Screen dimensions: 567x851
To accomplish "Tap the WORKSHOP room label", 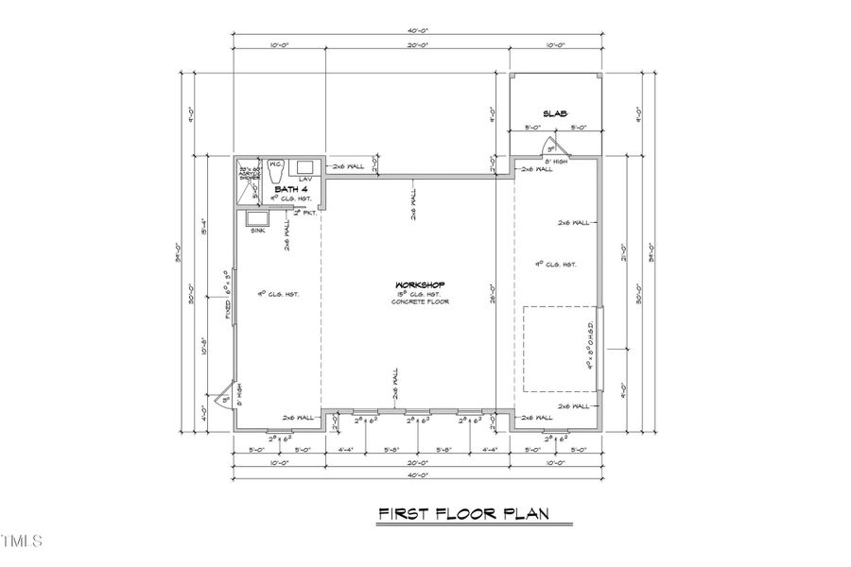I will coord(420,284).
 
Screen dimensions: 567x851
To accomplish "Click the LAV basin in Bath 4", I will coord(306,168).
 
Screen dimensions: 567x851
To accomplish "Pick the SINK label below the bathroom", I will coord(258,231).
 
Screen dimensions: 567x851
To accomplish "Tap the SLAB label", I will coord(556,113).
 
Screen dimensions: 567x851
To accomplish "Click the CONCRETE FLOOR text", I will coord(420,301).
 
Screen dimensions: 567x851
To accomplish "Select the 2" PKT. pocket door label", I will coord(304,214).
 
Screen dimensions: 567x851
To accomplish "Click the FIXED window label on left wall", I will coord(228,304).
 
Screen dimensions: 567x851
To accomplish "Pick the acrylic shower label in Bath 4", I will coord(248,172).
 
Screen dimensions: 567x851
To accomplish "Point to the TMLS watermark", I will coord(22,541).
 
